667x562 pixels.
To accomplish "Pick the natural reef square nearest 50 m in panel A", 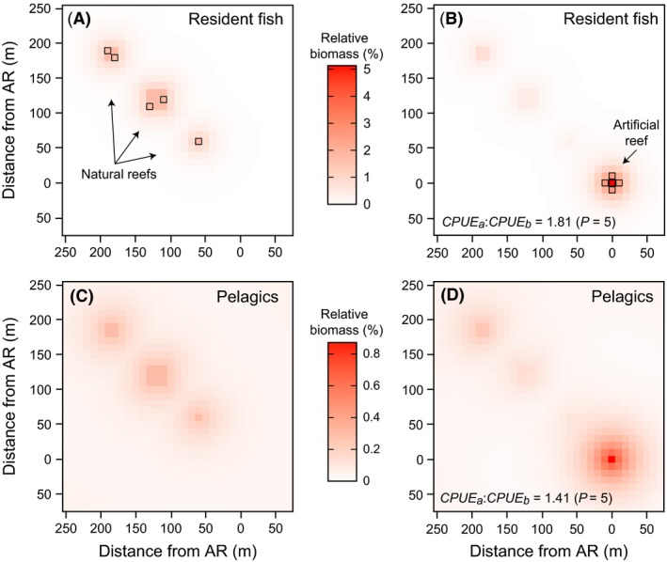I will [x=199, y=142].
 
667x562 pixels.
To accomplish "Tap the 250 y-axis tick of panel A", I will [x=43, y=8].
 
